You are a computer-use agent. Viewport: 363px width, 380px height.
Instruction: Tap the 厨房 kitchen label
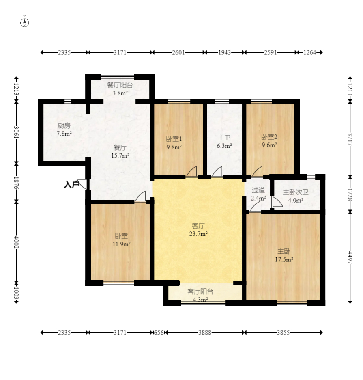point(64,125)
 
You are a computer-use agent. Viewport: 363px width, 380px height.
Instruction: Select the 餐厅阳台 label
point(120,85)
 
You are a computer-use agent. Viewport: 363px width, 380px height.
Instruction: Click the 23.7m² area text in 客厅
point(198,234)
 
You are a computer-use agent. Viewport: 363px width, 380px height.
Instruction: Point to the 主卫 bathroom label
point(224,138)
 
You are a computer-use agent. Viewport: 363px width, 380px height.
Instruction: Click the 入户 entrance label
point(71,185)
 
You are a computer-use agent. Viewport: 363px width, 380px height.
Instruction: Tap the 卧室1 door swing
point(191,172)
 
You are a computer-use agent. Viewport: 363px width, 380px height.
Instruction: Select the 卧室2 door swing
point(257,172)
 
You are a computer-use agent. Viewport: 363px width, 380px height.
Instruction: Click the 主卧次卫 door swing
point(277,202)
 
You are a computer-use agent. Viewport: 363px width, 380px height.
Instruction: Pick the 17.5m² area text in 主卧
point(284,259)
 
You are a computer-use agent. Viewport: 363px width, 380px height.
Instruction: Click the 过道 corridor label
point(258,190)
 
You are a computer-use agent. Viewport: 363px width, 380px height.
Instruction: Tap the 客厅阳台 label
point(200,291)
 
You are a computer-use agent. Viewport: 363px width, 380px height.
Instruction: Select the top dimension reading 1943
point(224,52)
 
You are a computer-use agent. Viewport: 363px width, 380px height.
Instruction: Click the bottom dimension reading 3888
point(205,332)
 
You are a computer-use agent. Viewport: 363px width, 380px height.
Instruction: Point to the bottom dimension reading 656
point(159,332)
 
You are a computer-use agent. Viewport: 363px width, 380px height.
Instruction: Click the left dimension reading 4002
point(16,242)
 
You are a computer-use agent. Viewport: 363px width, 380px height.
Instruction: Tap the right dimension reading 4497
point(350,257)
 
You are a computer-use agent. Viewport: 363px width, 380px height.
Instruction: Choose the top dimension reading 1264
point(309,52)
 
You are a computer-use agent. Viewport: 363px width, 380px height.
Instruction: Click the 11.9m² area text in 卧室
point(121,244)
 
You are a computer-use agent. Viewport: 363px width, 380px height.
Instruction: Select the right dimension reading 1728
point(350,194)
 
